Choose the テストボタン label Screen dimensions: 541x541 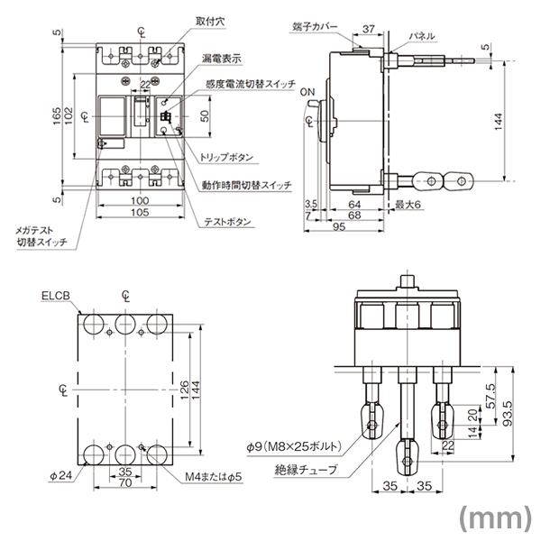click(x=227, y=223)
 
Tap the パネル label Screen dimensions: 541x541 click(x=421, y=36)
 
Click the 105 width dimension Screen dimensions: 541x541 click(x=138, y=213)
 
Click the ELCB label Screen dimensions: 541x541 click(x=55, y=295)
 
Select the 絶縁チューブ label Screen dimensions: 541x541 click(x=307, y=470)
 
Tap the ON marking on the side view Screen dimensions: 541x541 click(x=307, y=93)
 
